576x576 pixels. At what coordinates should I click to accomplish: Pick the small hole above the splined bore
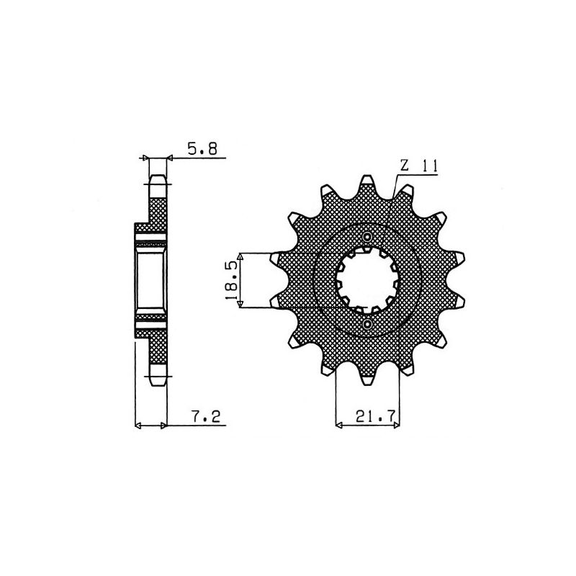coord(368,237)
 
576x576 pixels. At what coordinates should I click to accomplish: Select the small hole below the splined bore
coord(368,325)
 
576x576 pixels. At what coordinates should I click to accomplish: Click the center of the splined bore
coord(368,281)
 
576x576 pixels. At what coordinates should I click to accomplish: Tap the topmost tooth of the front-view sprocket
coord(368,180)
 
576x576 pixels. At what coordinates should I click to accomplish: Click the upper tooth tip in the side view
coord(158,179)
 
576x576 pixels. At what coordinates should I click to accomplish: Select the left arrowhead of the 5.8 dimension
coord(146,157)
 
